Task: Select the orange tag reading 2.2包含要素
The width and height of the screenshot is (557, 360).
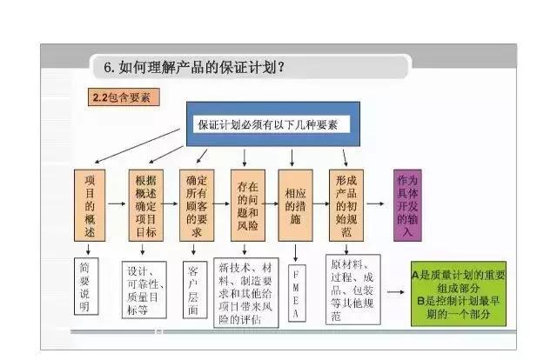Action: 121,97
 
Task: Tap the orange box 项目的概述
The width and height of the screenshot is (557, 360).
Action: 89,206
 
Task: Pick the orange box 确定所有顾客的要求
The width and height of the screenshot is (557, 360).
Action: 194,206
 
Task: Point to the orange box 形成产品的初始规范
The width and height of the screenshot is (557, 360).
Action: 346,206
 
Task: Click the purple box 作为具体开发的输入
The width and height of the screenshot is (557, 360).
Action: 408,206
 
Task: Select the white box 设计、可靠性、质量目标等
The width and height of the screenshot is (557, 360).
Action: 144,284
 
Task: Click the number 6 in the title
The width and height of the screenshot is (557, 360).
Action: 108,68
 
